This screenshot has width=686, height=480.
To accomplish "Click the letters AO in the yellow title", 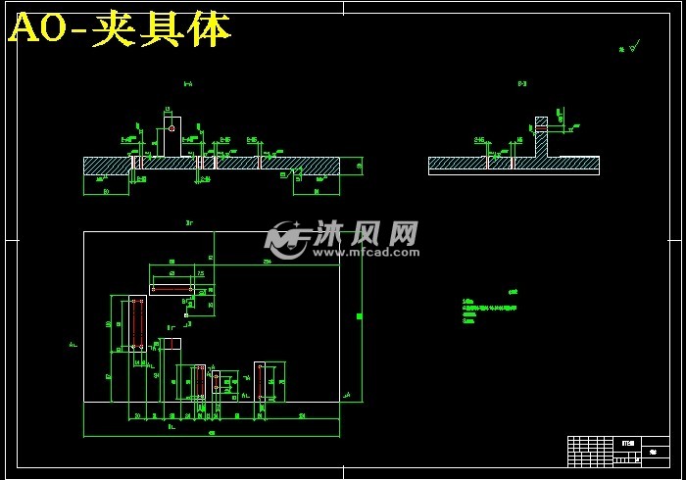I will tap(37, 30).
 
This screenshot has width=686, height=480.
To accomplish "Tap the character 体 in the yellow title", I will tap(210, 30).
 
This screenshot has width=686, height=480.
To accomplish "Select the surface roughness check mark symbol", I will tap(633, 45).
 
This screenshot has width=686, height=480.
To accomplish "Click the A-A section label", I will tap(187, 84).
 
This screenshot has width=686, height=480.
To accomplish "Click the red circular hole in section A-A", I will tap(171, 126).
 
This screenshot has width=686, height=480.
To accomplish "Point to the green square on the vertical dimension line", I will tap(359, 317).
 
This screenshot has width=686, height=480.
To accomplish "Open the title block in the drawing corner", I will tap(618, 451).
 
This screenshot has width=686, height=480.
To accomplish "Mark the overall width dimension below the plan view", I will tap(211, 434).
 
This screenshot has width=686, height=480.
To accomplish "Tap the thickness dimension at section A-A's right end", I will tap(359, 166).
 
